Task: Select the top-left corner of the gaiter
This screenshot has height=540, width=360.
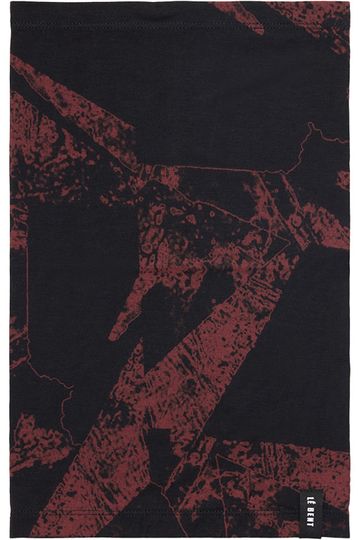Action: point(13,8)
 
